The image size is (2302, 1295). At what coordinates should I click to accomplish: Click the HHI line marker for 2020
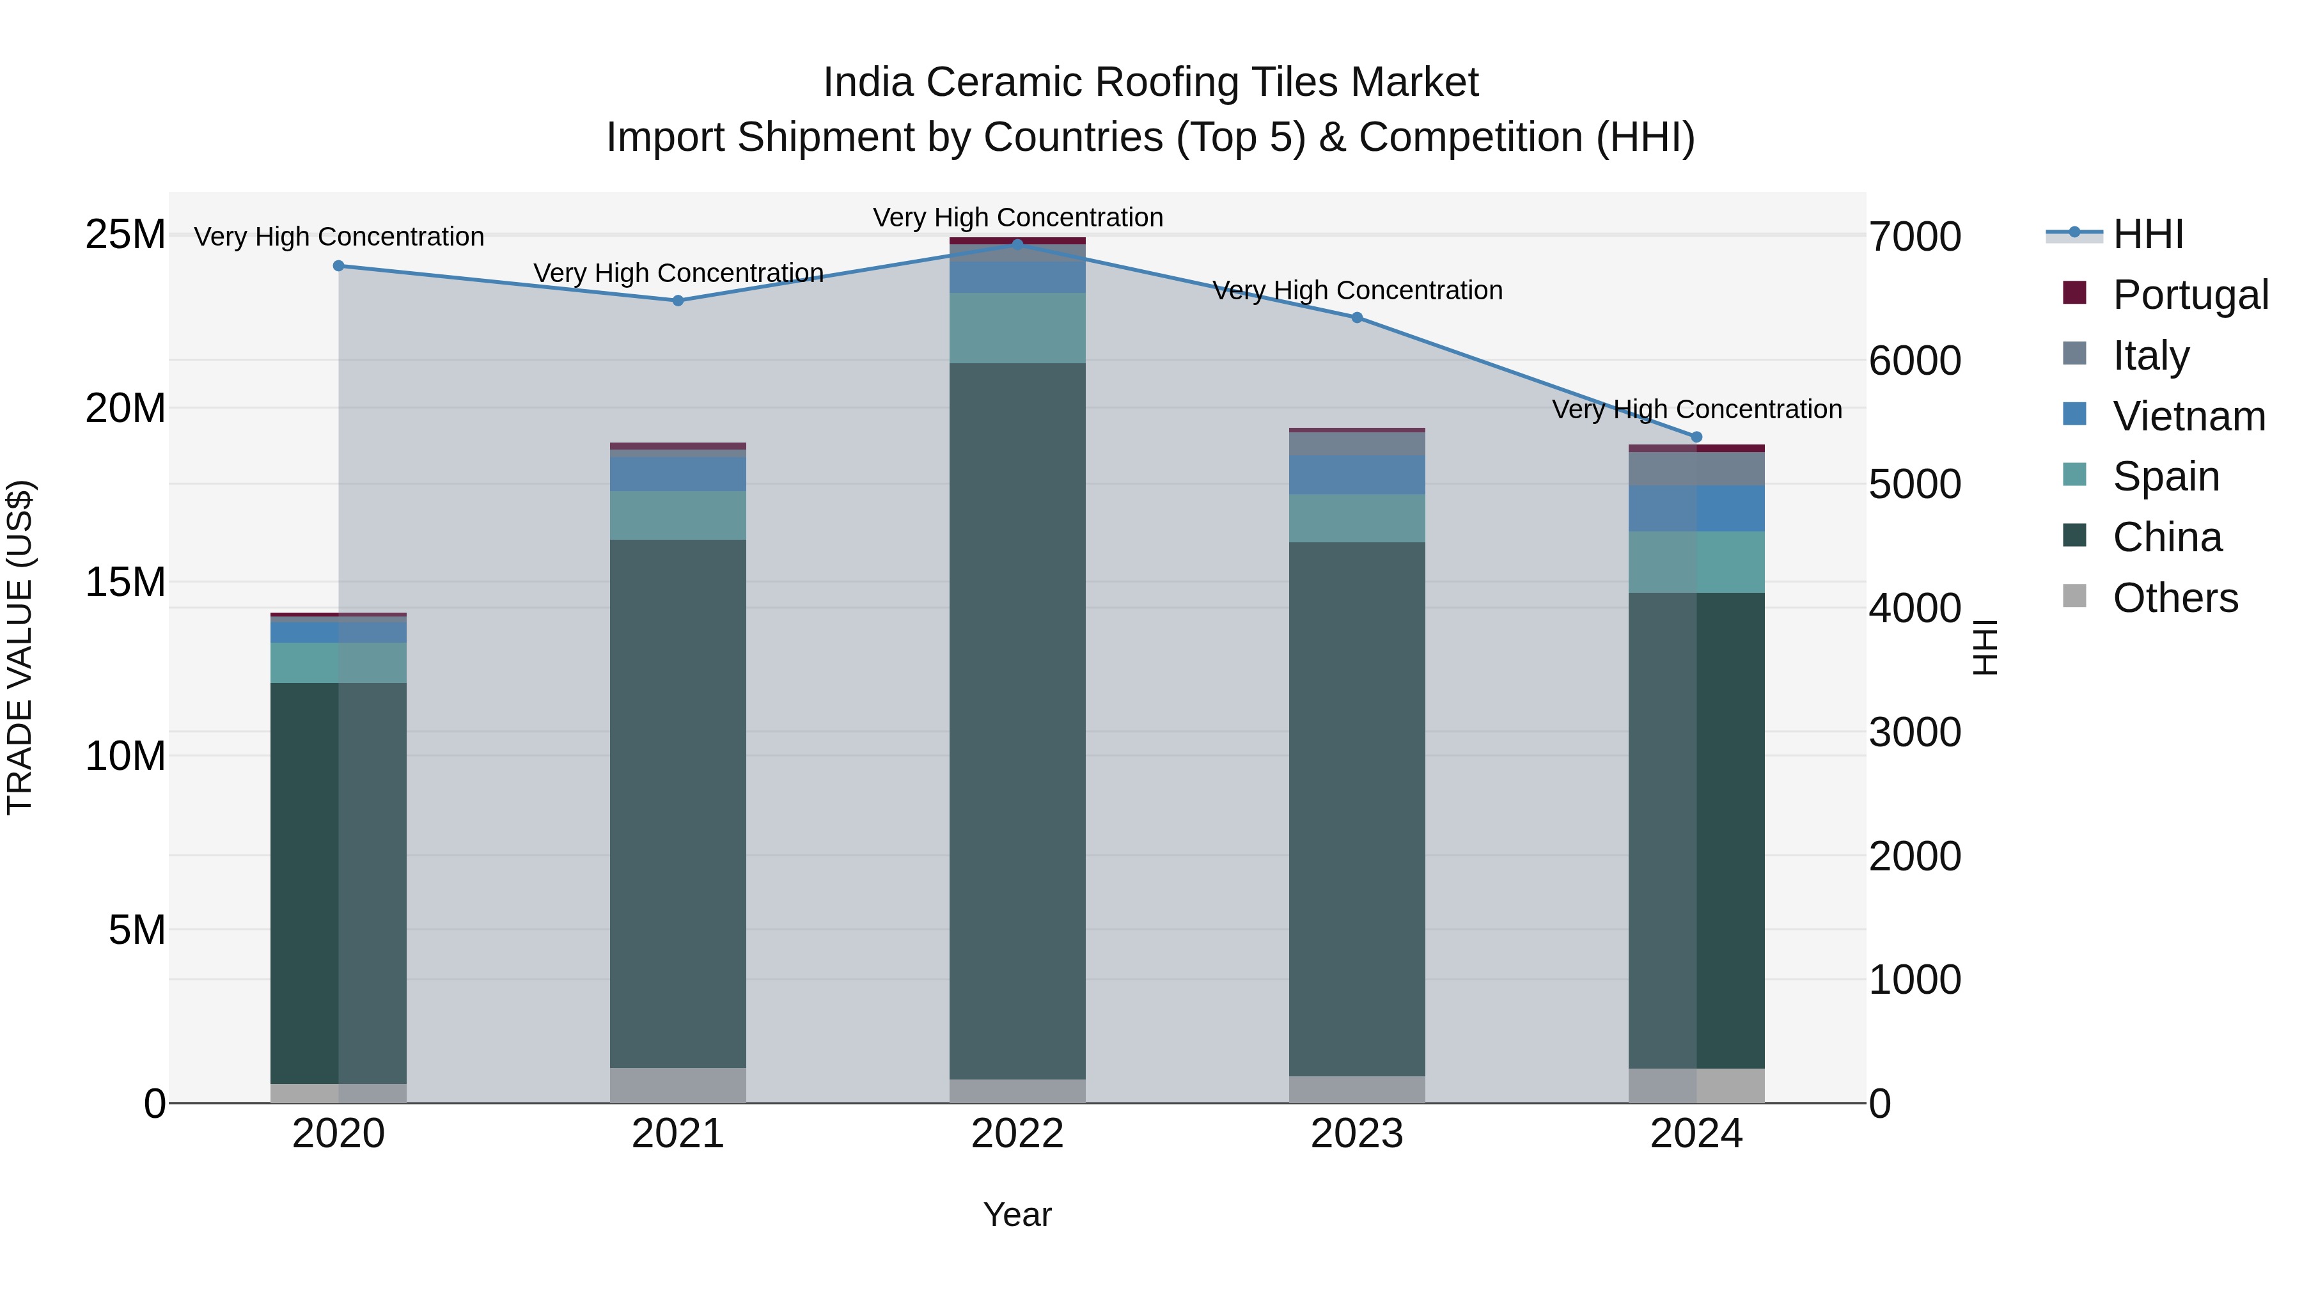click(339, 265)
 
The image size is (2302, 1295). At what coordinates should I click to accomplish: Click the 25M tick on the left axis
click(125, 235)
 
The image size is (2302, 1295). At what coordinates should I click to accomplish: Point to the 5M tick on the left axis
click(137, 930)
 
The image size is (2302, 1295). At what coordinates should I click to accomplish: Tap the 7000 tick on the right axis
click(1915, 237)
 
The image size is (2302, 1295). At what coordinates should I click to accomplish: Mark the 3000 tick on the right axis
click(1915, 733)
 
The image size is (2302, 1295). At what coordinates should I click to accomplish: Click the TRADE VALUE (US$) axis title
click(20, 647)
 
